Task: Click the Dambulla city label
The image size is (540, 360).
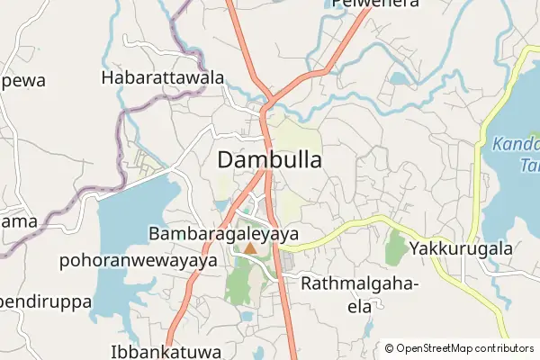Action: [x=270, y=160]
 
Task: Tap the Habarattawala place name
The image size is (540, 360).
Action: [x=163, y=78]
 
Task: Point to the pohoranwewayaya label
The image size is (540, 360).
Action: [x=139, y=261]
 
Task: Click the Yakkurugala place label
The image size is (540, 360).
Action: [x=461, y=248]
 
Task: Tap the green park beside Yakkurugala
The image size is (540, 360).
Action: [x=394, y=247]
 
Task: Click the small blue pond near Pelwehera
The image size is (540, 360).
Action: [x=399, y=78]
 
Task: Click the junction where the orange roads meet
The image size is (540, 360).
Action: [x=266, y=104]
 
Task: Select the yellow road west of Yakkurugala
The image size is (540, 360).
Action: [x=351, y=226]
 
